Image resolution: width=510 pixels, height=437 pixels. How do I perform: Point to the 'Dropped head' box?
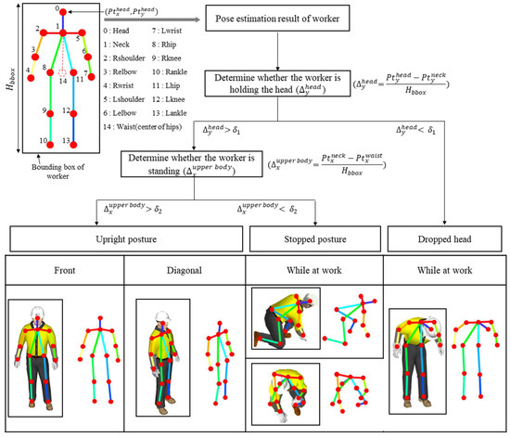[x=445, y=238]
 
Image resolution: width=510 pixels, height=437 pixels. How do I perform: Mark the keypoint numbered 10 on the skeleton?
[x=43, y=142]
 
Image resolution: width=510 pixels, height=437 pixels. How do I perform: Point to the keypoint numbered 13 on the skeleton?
[x=68, y=142]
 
